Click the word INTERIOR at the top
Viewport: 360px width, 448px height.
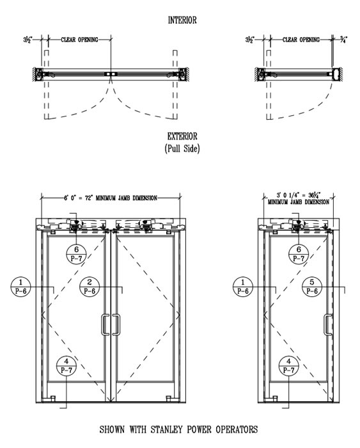182,20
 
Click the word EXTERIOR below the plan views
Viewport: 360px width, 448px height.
182,136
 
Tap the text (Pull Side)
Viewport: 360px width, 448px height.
182,148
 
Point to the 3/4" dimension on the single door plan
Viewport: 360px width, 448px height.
344,40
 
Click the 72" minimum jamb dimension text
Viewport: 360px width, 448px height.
111,198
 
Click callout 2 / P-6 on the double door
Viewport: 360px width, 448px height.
90,287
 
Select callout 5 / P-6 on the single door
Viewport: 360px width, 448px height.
312,287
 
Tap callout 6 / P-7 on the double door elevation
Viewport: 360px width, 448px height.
76,254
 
